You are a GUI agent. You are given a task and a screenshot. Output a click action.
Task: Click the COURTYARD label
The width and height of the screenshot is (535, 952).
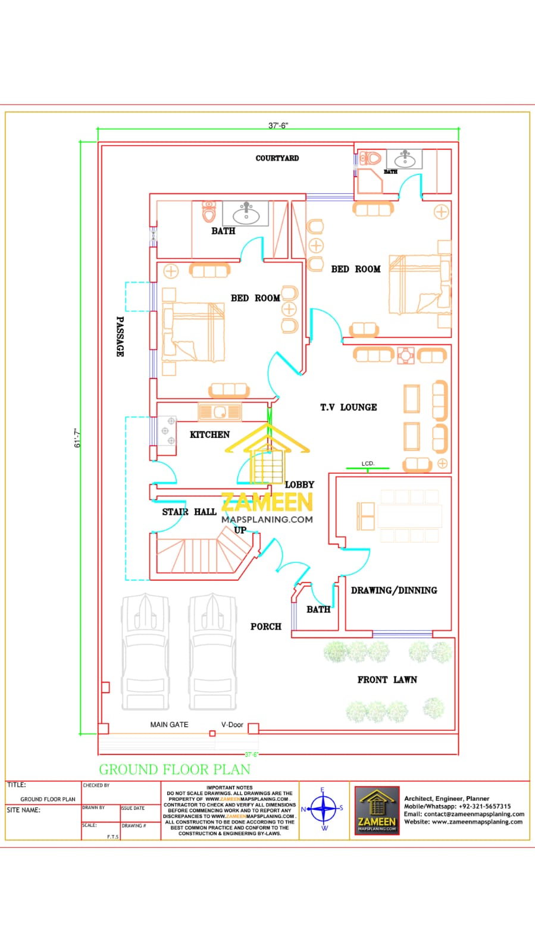277,158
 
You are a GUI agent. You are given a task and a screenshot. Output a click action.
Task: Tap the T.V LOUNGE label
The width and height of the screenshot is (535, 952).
348,408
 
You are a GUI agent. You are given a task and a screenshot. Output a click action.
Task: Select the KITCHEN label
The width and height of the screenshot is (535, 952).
209,435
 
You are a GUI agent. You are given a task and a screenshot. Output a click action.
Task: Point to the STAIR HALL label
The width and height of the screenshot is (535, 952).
189,512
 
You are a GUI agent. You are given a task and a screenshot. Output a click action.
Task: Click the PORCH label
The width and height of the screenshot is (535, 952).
265,627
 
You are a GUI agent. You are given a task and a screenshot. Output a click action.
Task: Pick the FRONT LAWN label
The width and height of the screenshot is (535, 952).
387,679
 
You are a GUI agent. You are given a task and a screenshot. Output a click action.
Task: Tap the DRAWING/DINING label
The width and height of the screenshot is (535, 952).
393,590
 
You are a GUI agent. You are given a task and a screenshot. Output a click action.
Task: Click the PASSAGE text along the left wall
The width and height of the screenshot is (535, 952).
120,336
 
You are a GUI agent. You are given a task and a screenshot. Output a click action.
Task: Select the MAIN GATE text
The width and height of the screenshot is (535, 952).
169,725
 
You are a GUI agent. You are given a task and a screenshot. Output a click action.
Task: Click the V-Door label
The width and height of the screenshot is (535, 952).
232,725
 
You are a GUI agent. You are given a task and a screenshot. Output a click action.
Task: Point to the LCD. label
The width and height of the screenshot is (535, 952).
368,464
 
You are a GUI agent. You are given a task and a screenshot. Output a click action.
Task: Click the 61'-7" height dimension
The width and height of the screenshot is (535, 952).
77,438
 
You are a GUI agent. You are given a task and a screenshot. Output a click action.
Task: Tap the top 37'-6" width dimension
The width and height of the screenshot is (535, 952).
278,126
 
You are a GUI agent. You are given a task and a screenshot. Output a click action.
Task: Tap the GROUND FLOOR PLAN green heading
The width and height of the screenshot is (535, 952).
174,769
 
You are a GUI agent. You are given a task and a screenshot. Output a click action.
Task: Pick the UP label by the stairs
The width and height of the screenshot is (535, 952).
240,530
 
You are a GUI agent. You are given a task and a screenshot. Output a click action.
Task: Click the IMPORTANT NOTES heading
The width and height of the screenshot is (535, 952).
229,787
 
